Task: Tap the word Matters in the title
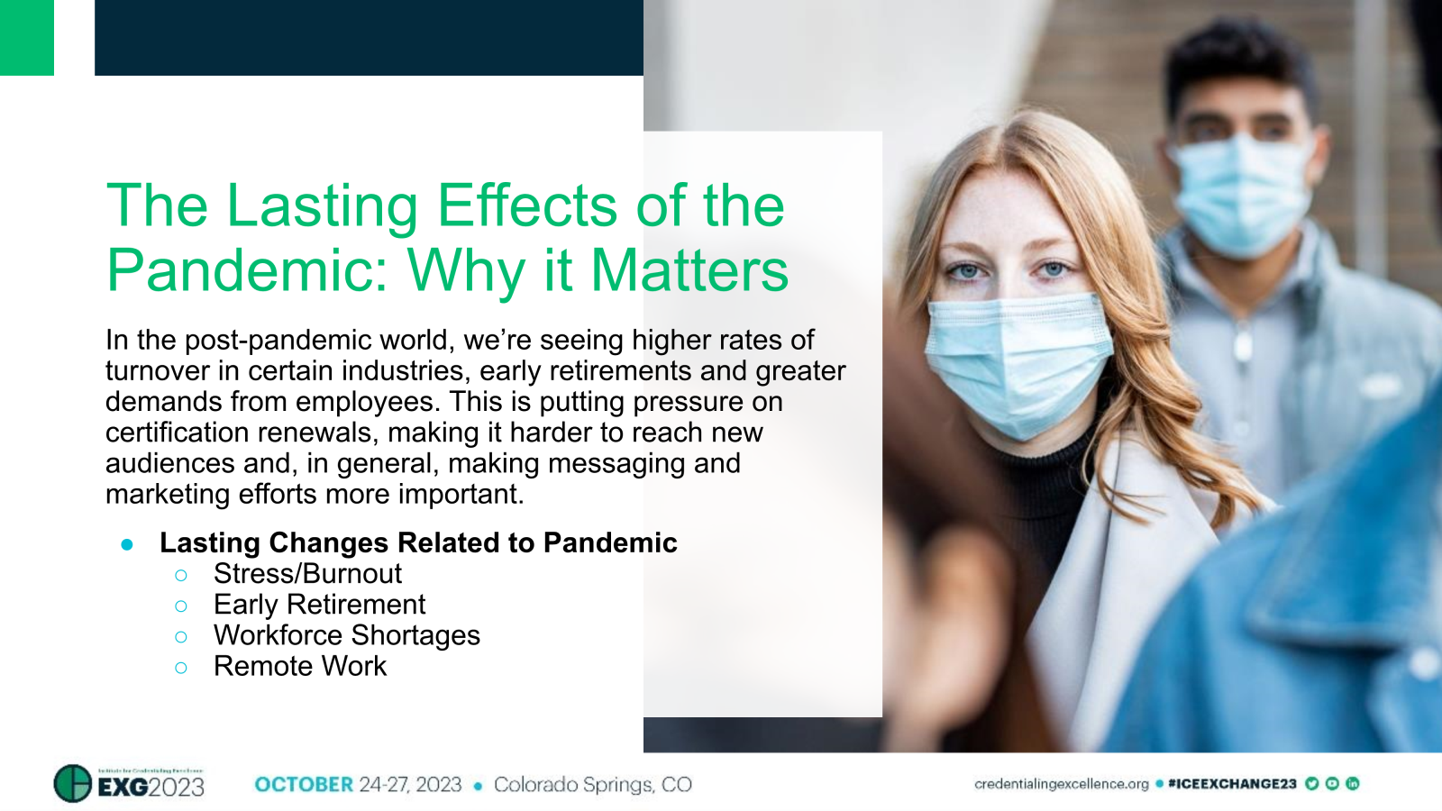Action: click(x=689, y=270)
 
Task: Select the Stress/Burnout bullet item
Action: click(x=307, y=574)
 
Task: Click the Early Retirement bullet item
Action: click(x=319, y=605)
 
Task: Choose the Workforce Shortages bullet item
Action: click(x=346, y=635)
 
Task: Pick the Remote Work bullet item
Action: click(x=299, y=667)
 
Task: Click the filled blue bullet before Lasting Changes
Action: click(x=127, y=544)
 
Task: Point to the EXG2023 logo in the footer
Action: click(x=130, y=784)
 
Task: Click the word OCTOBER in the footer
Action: click(x=304, y=785)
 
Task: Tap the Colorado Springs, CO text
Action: click(x=592, y=785)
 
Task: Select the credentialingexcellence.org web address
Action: click(x=1061, y=784)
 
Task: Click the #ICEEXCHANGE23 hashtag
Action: click(x=1232, y=784)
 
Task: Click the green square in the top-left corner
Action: click(x=26, y=37)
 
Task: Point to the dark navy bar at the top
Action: click(x=369, y=37)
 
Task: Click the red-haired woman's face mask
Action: click(x=1018, y=360)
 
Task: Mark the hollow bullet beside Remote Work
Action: click(x=181, y=668)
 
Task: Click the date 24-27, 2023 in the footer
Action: click(x=410, y=785)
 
